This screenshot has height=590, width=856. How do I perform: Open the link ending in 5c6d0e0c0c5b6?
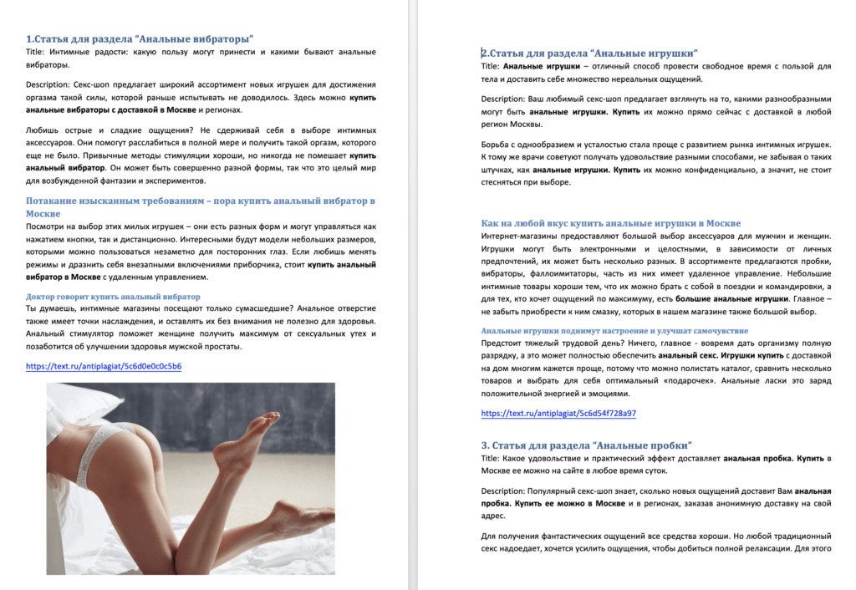point(104,366)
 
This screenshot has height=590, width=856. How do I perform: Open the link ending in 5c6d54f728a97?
point(558,413)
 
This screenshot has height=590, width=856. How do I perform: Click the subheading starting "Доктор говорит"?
point(113,297)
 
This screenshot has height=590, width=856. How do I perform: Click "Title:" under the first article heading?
point(38,52)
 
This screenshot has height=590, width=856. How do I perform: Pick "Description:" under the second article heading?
point(508,99)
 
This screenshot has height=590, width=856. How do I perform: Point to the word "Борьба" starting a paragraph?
point(497,145)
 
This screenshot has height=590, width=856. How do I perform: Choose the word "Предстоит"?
point(503,343)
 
